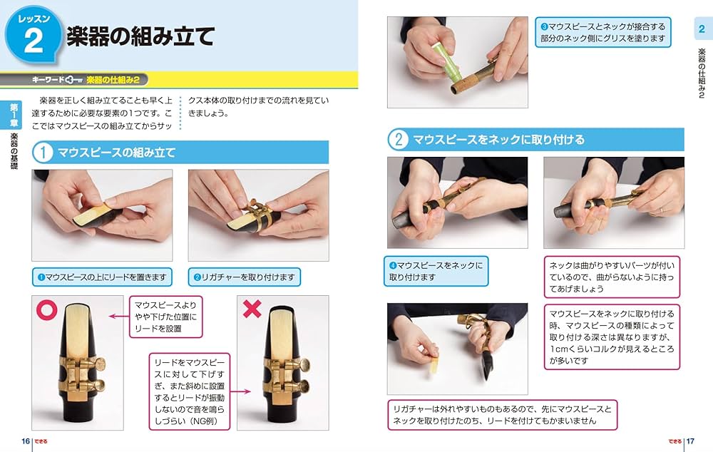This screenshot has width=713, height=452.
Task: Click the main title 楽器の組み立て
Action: pos(140,37)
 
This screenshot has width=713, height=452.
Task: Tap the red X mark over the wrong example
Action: pos(252,309)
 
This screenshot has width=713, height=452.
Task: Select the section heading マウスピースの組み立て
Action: pos(116,152)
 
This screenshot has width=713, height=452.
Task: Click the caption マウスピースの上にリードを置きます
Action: pos(102,277)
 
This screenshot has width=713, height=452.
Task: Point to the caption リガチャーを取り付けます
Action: pos(244,277)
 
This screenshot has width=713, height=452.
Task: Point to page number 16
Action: pos(26,441)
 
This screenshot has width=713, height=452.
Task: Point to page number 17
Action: pos(689,441)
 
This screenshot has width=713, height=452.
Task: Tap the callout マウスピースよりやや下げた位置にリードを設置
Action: pos(166,317)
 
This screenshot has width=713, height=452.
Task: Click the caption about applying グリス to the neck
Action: pos(603,32)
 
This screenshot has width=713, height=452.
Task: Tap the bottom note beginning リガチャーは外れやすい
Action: pos(502,415)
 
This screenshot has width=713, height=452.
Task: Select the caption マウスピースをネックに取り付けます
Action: pos(437,271)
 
